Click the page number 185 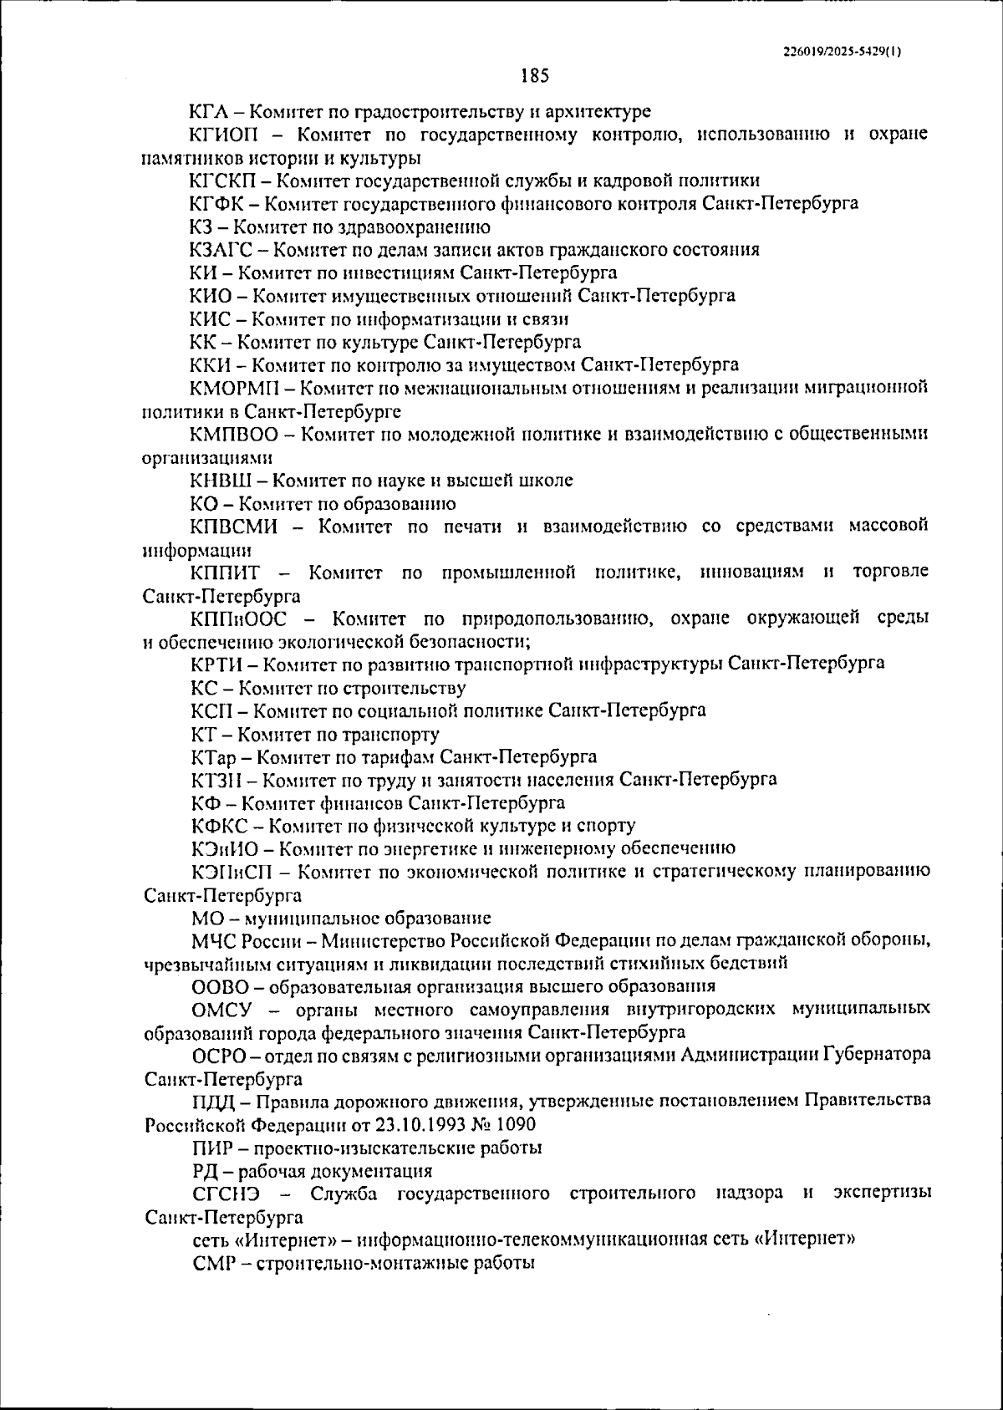534,76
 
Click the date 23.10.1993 419,1124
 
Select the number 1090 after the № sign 515,1124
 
